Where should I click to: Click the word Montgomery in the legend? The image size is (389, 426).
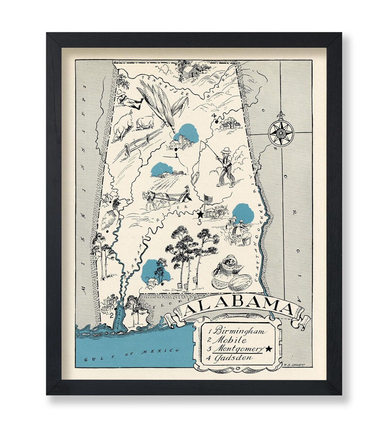(238, 349)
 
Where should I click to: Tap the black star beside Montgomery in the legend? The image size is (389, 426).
(268, 349)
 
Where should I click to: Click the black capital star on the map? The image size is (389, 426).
(200, 214)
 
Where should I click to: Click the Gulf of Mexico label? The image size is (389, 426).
(131, 355)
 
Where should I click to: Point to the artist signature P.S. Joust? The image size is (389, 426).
(294, 365)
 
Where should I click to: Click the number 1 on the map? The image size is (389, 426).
(176, 155)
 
